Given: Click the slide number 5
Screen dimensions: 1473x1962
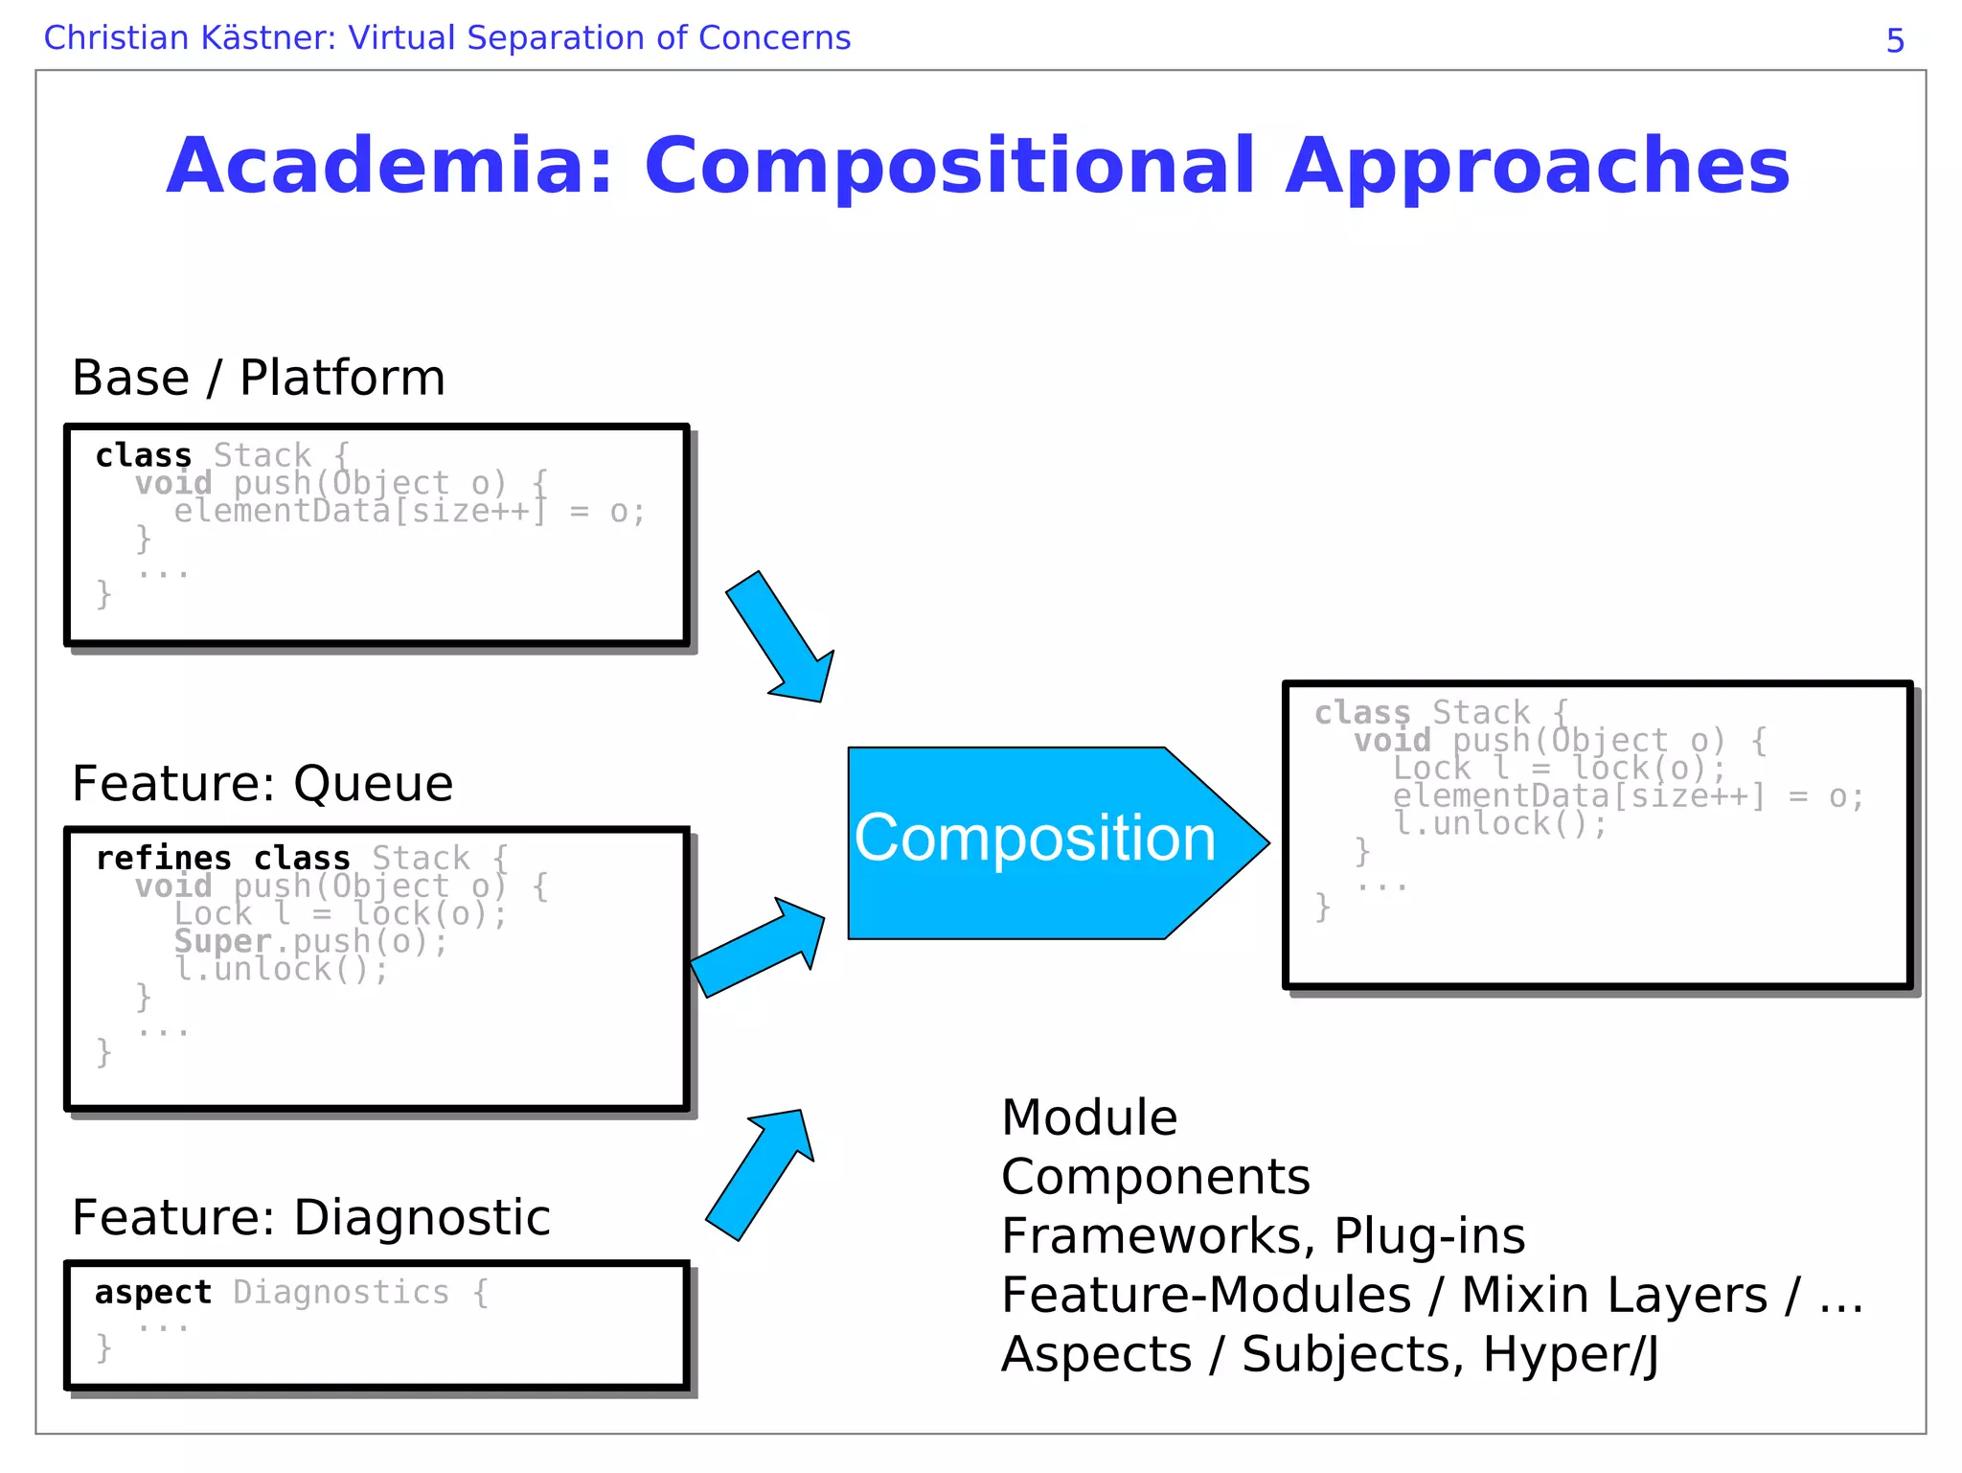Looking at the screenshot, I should (1894, 41).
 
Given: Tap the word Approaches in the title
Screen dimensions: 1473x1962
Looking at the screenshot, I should (1536, 166).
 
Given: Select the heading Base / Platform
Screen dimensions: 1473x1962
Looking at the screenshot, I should (259, 378).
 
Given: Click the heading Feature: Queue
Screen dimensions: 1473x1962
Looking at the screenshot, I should (262, 784).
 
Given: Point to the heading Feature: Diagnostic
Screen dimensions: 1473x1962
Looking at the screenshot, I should (310, 1218).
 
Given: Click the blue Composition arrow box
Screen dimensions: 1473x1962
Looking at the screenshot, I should (1035, 840).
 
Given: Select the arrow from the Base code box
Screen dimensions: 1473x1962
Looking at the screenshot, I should (781, 637).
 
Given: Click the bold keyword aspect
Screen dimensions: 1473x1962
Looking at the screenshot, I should (152, 1293).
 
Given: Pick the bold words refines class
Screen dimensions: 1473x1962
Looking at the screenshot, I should (222, 858).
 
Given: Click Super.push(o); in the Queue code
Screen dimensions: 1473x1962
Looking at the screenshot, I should (310, 942).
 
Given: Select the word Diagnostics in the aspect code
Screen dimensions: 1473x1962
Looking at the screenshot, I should (340, 1293).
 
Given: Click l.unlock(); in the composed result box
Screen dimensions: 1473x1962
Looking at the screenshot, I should (1499, 823).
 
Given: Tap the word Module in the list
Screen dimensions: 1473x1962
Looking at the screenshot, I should (1089, 1117).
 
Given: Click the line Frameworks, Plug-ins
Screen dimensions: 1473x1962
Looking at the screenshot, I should (1263, 1235).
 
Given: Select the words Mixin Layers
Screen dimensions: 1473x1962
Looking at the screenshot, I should (1613, 1295).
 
